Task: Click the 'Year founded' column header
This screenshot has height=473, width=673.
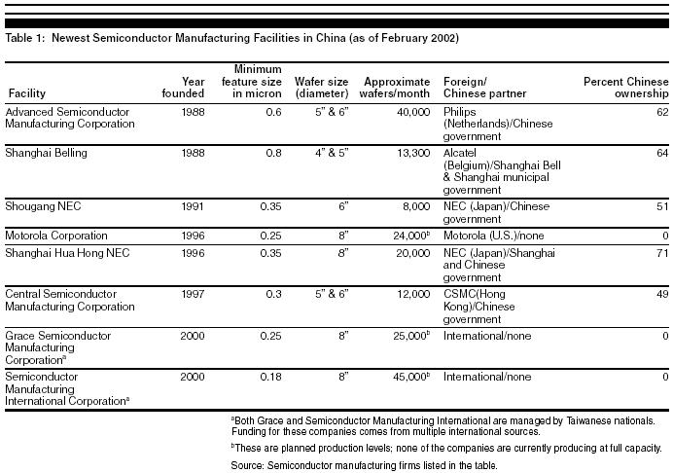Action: (183, 87)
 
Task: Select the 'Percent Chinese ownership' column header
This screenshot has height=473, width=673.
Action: (625, 87)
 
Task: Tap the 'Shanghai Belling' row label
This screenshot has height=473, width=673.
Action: (47, 153)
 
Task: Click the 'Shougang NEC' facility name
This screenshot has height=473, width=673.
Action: (41, 206)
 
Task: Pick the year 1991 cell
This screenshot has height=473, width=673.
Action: (191, 206)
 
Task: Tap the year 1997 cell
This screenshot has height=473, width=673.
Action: (191, 293)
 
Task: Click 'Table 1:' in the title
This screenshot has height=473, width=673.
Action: (27, 38)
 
